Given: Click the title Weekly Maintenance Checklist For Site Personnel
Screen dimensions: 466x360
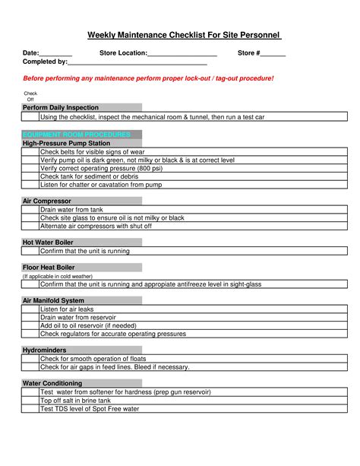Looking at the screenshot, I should pos(185,35).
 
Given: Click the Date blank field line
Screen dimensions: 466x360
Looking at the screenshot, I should pos(55,55).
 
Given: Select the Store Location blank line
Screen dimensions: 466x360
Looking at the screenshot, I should pos(182,55).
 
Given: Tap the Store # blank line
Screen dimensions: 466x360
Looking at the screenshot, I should pos(273,55).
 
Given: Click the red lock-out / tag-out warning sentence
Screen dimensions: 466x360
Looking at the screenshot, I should pos(148,78).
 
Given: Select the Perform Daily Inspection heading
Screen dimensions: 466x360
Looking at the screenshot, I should pos(61,108).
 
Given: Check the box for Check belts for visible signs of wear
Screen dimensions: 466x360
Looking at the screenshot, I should pos(30,152).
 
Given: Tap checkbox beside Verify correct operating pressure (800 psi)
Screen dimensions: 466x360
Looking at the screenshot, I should pos(30,168).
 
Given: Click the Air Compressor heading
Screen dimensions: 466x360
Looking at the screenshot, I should pos(46,201).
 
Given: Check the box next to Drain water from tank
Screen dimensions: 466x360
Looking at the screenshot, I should pos(30,210).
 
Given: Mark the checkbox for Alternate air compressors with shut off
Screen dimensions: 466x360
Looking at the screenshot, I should pos(30,226).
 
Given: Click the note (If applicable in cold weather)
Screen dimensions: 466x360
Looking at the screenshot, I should pos(58,277).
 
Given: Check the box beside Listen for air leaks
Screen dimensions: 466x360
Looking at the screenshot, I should pos(30,309).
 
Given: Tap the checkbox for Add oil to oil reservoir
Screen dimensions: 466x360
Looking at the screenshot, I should pos(30,325).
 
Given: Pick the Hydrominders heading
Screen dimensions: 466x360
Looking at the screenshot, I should pos(45,350).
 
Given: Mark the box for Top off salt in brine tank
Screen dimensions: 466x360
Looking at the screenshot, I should pos(30,401).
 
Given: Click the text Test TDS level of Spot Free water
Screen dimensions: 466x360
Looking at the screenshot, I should pos(90,409).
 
